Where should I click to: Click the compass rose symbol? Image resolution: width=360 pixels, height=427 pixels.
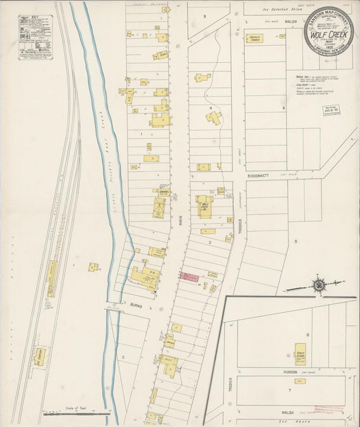[x=318, y=285]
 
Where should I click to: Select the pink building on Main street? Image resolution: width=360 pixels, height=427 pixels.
[x=189, y=277]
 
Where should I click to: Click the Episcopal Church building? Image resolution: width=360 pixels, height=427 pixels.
[x=255, y=39]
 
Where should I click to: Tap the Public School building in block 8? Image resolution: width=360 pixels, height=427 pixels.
[x=299, y=354]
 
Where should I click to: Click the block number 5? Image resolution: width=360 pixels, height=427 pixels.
[x=295, y=241]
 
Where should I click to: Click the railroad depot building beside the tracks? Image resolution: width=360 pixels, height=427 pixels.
[x=51, y=278]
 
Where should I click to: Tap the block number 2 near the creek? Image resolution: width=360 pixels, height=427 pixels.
[x=123, y=356]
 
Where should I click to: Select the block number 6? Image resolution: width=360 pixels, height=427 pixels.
[x=284, y=107]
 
